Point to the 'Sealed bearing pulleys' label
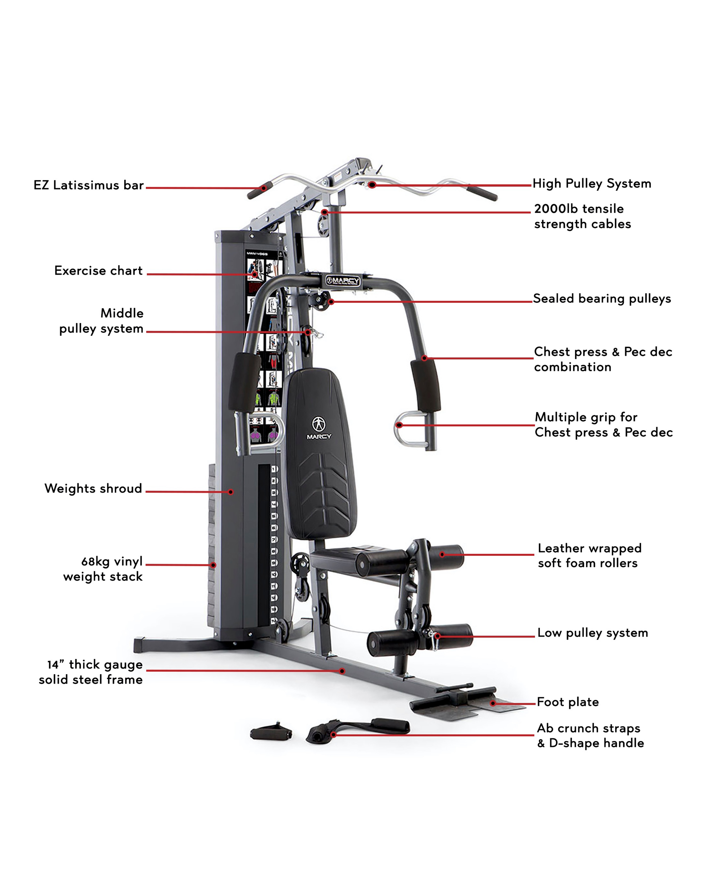[602, 299]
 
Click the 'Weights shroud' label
[93, 488]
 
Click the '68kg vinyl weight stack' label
[103, 569]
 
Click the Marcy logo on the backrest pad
[319, 428]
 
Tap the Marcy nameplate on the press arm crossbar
[343, 281]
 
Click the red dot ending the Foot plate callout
[493, 703]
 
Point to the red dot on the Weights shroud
[231, 492]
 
